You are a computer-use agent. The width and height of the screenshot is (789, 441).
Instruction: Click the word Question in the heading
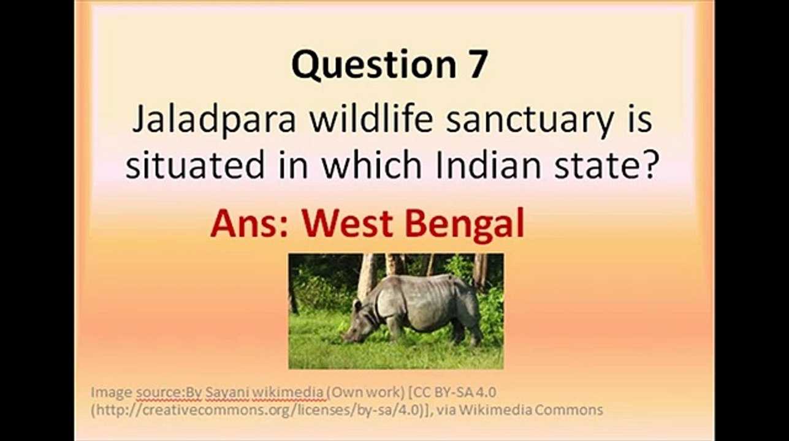pyautogui.click(x=373, y=65)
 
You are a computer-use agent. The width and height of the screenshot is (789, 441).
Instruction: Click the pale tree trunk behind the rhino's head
pyautogui.click(x=367, y=278)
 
